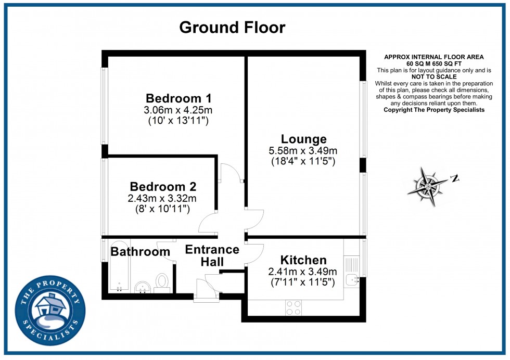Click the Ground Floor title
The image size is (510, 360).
tap(232, 28)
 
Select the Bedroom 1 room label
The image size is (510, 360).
tap(178, 98)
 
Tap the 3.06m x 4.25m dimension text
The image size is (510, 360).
tap(178, 110)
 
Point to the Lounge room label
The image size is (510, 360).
tap(304, 139)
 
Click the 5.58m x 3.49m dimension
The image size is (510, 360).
tap(303, 150)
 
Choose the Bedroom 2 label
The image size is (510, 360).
tap(163, 187)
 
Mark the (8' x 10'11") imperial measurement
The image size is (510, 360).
tap(162, 209)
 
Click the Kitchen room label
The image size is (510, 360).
tap(303, 260)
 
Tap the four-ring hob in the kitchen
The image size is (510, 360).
tap(294, 307)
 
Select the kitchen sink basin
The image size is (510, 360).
tap(352, 279)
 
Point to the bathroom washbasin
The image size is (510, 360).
tap(142, 287)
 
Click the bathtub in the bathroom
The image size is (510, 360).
tap(119, 266)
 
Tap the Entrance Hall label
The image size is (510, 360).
tap(212, 255)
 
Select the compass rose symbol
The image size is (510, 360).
tap(428, 186)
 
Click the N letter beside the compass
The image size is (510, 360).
tap(455, 178)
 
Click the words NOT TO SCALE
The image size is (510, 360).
tap(434, 77)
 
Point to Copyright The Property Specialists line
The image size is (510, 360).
tap(434, 110)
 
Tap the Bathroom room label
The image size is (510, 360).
tap(140, 252)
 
